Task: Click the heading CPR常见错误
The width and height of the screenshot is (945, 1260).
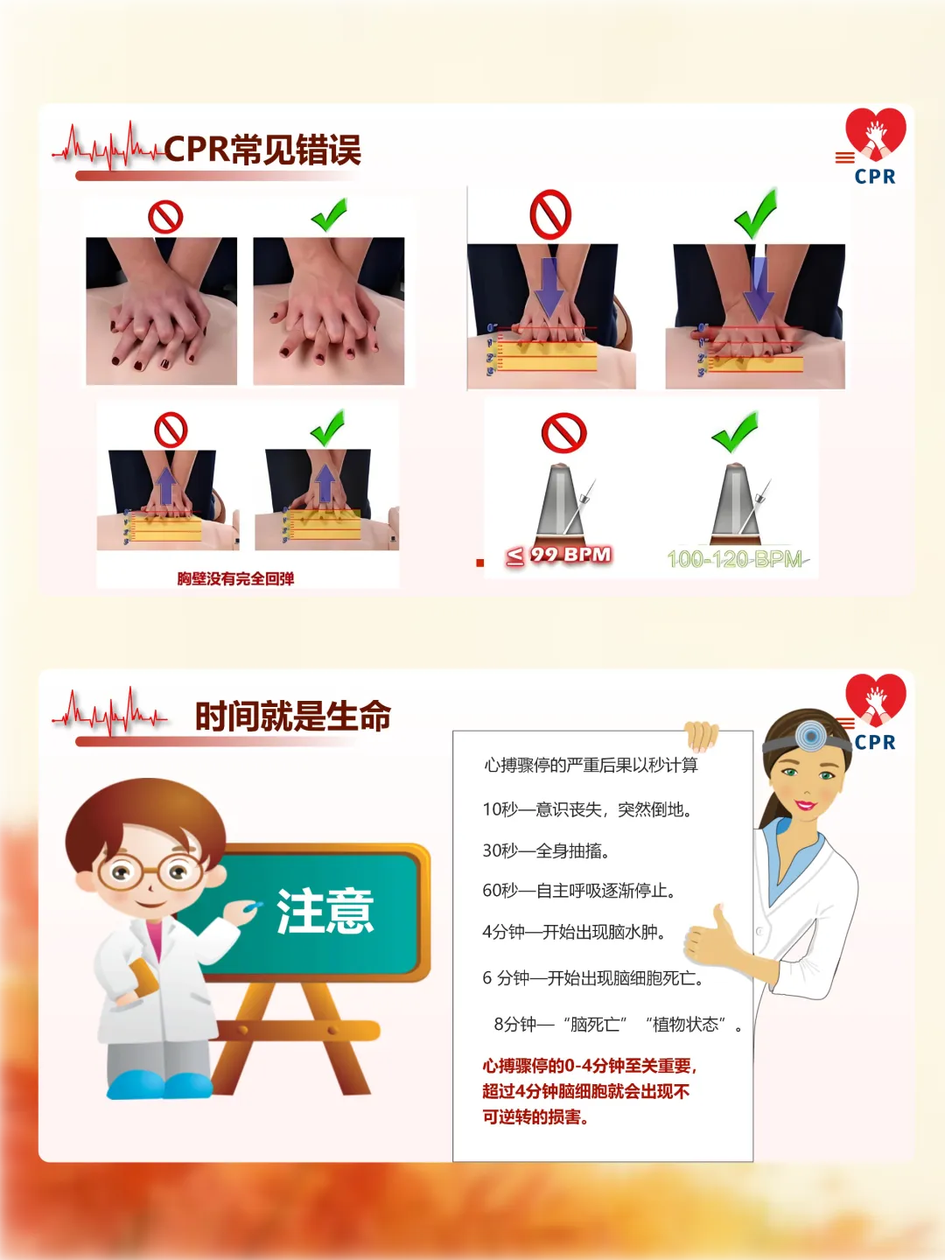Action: click(262, 150)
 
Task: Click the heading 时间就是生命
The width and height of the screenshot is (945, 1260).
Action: click(293, 716)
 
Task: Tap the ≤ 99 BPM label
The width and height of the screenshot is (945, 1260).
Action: click(559, 555)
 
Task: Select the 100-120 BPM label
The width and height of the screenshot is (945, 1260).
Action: click(736, 559)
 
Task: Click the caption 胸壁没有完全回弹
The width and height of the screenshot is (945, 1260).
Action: click(235, 578)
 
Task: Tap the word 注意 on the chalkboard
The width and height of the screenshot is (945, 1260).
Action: click(325, 911)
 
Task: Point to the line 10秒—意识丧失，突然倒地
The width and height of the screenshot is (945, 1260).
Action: click(587, 809)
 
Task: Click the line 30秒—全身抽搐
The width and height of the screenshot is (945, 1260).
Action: click(546, 850)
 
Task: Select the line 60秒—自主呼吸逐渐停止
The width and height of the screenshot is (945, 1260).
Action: click(578, 891)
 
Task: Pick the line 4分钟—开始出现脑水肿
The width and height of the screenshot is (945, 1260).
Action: click(574, 931)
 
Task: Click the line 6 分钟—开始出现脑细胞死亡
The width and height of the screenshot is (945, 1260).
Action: click(593, 977)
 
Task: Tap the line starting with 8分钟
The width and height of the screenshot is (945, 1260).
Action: click(618, 1024)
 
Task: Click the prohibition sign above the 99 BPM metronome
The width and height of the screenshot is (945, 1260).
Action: click(564, 433)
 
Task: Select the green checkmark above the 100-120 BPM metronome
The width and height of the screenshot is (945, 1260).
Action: click(735, 431)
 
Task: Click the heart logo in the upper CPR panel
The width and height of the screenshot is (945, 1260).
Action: click(876, 134)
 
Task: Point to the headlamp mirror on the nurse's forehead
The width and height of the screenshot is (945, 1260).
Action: click(810, 735)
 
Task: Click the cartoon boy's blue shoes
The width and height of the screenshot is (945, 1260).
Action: click(159, 1085)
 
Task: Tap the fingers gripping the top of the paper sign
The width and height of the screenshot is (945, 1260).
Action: click(701, 735)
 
